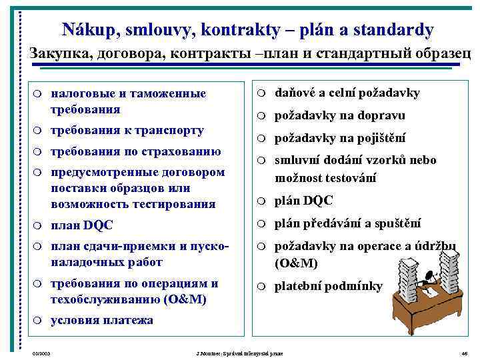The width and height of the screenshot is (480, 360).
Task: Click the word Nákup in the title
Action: (x=85, y=30)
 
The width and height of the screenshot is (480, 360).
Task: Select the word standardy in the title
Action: (x=395, y=30)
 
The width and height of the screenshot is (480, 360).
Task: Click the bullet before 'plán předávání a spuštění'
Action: (x=264, y=223)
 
